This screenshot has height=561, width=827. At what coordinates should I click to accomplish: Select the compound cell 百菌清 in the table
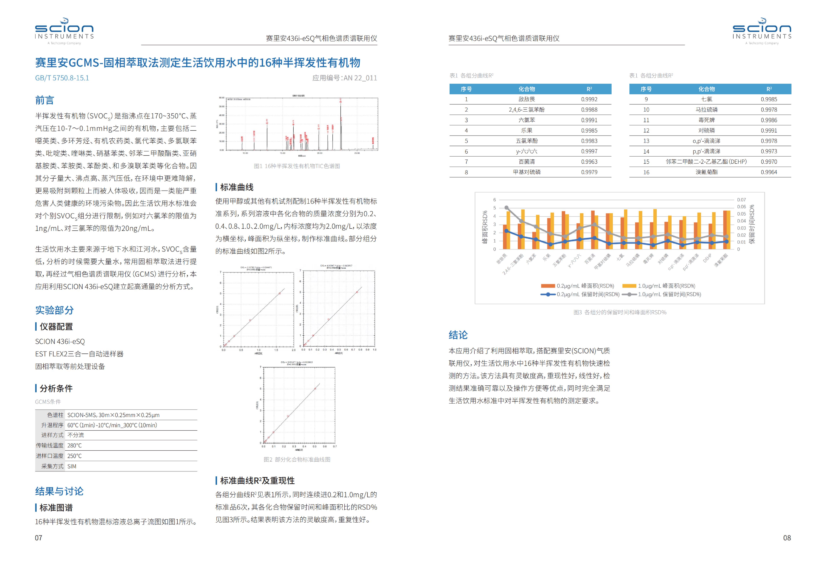(x=527, y=162)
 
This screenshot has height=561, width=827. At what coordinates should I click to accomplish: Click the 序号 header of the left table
(x=466, y=89)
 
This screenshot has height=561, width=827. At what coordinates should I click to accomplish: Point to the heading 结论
(x=458, y=335)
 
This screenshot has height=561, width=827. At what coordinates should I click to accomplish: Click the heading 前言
(x=44, y=100)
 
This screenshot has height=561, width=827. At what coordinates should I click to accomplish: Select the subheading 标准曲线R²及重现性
(x=257, y=481)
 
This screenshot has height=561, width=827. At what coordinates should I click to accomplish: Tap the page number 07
(x=38, y=538)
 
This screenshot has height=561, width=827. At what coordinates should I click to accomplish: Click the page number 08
(x=787, y=538)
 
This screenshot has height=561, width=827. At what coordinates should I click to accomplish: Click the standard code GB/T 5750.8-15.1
(x=62, y=78)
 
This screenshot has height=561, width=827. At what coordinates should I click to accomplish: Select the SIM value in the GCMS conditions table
(x=72, y=466)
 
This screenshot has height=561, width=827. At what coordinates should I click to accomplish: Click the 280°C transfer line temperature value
(x=74, y=445)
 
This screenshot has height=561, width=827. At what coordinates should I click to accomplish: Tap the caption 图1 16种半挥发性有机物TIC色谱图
(x=297, y=166)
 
